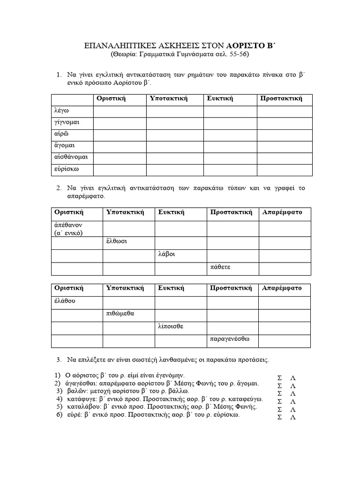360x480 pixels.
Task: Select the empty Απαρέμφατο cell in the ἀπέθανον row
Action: click(285, 229)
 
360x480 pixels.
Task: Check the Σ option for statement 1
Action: click(280, 378)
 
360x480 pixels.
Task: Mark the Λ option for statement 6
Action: click(293, 418)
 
